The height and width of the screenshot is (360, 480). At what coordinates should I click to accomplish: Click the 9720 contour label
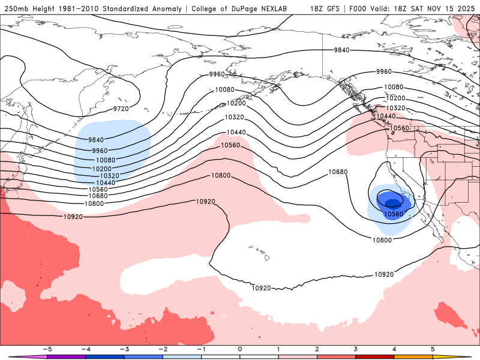pos(121,109)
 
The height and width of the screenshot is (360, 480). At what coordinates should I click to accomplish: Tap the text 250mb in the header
pos(16,9)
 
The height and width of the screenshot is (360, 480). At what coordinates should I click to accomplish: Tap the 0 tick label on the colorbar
pos(240,348)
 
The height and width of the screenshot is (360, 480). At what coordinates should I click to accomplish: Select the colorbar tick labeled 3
pos(356,348)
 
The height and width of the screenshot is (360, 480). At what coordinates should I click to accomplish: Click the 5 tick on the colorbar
pos(433,348)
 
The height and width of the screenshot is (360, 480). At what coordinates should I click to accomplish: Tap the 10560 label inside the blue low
pos(393,214)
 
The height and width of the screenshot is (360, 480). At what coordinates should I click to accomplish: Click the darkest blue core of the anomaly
pos(392,203)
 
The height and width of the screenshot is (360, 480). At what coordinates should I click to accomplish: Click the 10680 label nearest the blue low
pos(338,172)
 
